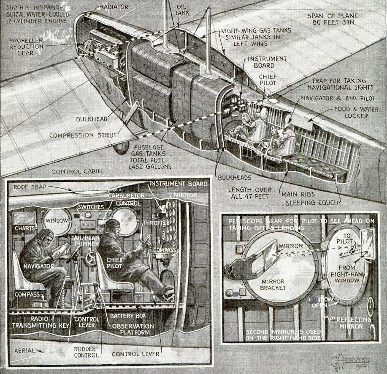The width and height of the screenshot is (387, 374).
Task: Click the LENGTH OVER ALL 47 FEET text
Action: (249, 194)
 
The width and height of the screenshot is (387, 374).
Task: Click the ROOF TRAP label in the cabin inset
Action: (28, 187)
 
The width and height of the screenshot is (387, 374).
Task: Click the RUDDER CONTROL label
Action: (86, 352)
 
